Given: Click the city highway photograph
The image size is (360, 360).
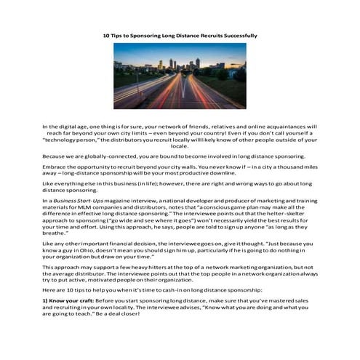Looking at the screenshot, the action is click(180, 75).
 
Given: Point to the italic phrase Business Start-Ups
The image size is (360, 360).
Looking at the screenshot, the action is click(77, 199).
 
